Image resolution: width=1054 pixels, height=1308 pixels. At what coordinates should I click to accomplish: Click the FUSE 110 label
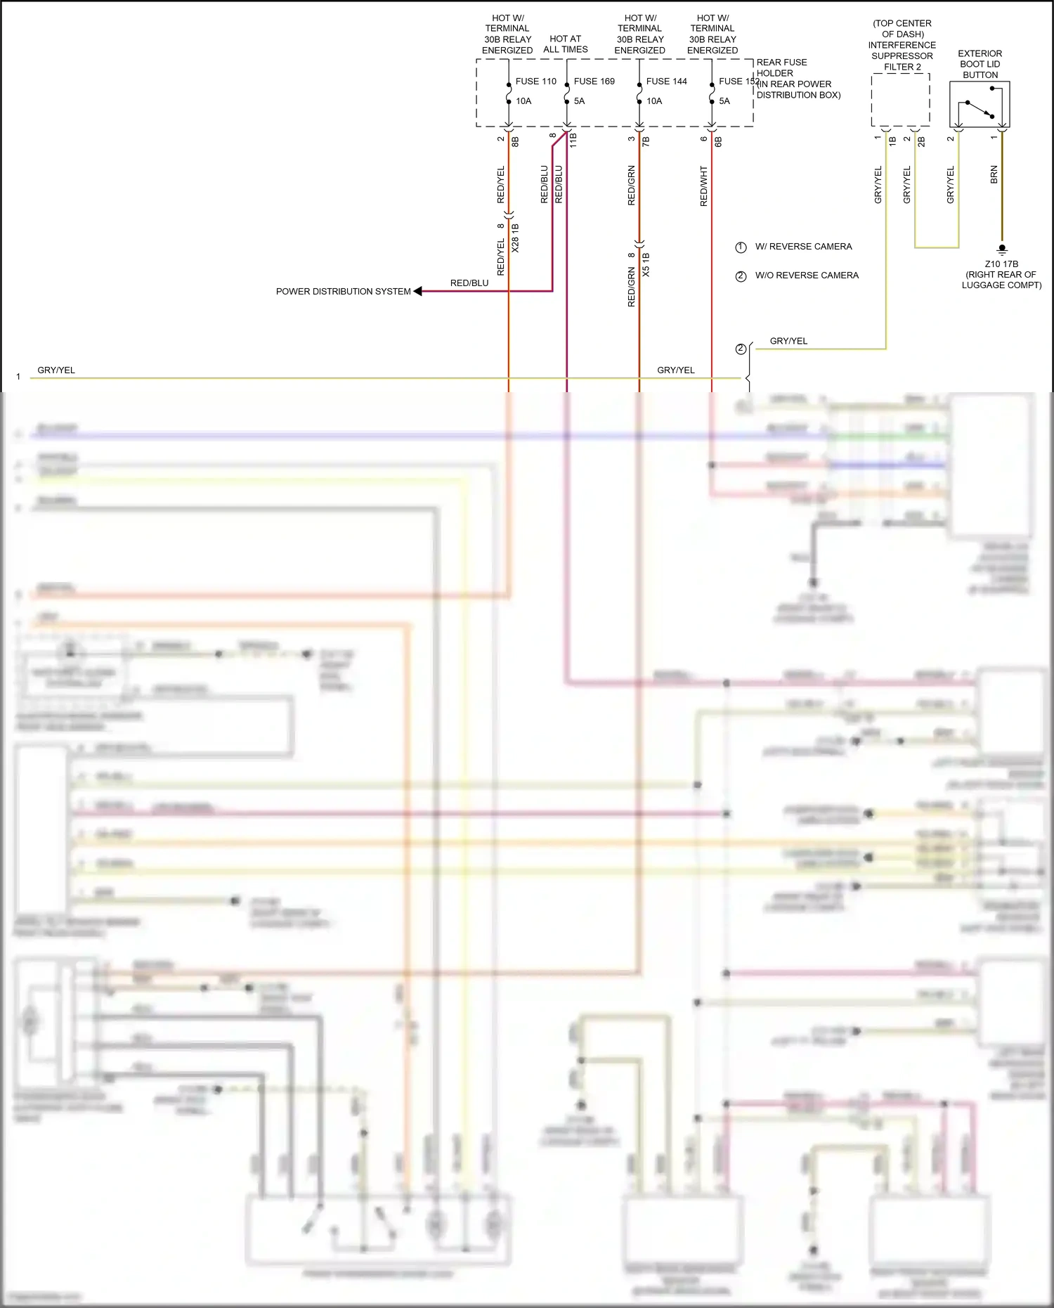click(x=535, y=82)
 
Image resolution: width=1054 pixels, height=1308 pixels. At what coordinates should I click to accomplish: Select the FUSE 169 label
click(x=594, y=82)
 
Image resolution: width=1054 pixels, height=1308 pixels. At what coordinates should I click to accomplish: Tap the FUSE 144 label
click(x=666, y=82)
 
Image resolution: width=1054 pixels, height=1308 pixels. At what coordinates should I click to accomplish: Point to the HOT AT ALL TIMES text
click(x=565, y=44)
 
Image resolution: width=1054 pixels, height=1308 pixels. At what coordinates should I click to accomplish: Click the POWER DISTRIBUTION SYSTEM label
click(x=343, y=292)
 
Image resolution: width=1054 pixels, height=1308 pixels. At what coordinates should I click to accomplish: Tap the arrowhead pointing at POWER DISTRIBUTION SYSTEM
click(x=418, y=291)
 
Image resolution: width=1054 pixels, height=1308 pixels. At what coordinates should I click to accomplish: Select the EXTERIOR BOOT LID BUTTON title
click(x=980, y=64)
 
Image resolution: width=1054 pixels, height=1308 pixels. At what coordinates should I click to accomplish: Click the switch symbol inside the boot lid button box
click(x=980, y=109)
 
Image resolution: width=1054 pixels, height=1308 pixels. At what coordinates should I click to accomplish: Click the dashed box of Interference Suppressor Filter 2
click(x=900, y=100)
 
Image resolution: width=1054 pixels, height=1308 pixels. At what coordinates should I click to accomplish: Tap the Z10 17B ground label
click(x=1001, y=264)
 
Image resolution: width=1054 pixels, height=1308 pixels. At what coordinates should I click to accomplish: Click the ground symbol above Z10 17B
click(x=1002, y=249)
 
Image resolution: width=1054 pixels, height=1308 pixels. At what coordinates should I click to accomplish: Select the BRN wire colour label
click(x=994, y=175)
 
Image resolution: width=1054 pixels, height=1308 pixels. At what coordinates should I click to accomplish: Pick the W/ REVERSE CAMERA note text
click(x=803, y=247)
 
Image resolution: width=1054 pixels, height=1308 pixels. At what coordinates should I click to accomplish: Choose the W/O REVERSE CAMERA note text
click(x=807, y=276)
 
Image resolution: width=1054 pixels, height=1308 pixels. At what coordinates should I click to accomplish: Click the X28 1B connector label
click(x=515, y=238)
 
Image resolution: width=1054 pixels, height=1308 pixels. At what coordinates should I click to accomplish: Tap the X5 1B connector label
click(x=646, y=264)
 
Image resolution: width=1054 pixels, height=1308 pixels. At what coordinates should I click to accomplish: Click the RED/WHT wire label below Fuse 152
click(x=704, y=186)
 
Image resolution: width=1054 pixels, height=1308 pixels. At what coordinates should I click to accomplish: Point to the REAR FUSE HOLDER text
click(x=781, y=67)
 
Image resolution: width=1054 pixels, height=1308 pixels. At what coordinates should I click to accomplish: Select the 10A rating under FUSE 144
click(x=654, y=101)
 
